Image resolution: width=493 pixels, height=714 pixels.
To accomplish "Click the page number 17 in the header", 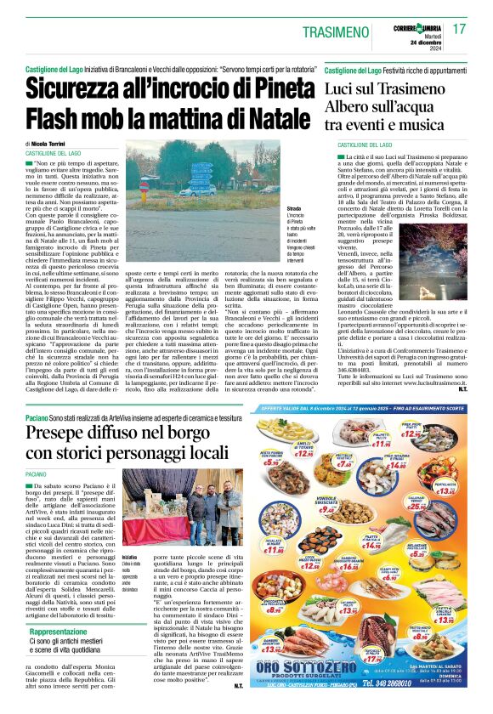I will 459,29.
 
